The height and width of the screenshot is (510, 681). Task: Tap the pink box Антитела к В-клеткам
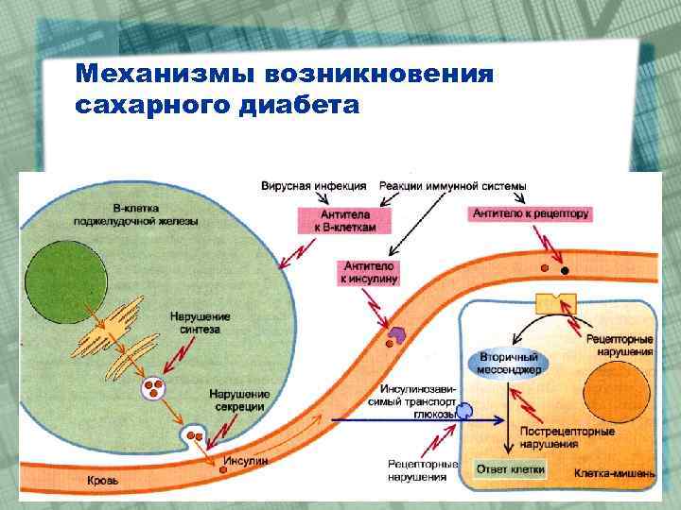click(335, 221)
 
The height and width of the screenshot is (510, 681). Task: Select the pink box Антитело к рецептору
click(531, 213)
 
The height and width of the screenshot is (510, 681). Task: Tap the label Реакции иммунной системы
click(451, 187)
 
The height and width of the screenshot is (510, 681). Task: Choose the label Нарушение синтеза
click(200, 322)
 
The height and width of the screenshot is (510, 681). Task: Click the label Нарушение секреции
click(238, 399)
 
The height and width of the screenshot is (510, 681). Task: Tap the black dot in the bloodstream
click(565, 271)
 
